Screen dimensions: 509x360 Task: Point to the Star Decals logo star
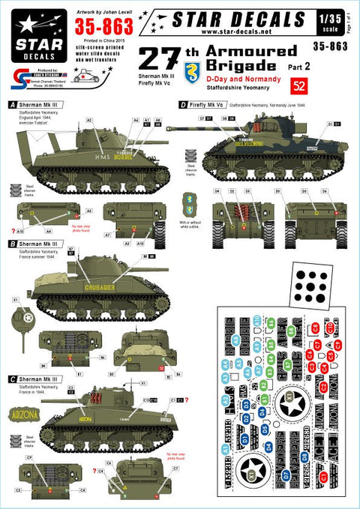coord(23,19)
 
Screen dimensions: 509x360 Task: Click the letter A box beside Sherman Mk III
coord(7,104)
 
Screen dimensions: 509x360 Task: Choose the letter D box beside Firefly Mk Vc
coord(184,105)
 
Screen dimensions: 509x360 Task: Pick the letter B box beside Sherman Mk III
coord(7,244)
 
